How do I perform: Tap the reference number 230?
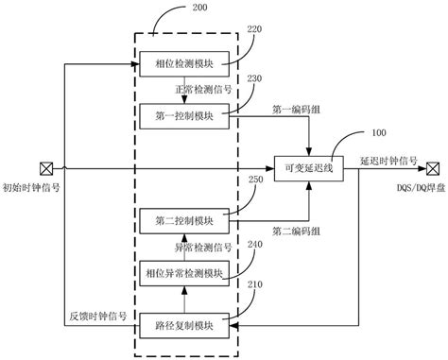tap(255, 82)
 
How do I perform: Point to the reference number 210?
tap(255, 294)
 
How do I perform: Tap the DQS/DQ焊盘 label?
tap(416, 188)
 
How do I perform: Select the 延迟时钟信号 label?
tap(388, 160)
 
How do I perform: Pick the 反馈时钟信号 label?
tap(98, 315)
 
